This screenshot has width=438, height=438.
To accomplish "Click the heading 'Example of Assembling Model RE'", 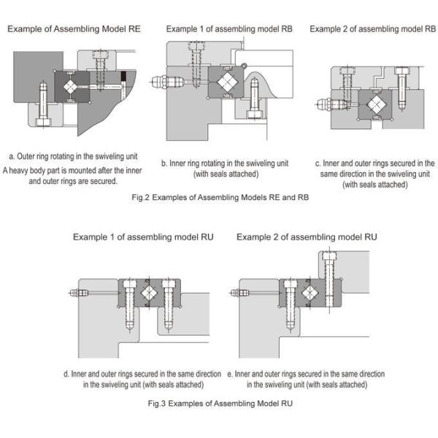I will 74,29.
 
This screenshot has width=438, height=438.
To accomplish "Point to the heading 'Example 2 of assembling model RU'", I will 307,237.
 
